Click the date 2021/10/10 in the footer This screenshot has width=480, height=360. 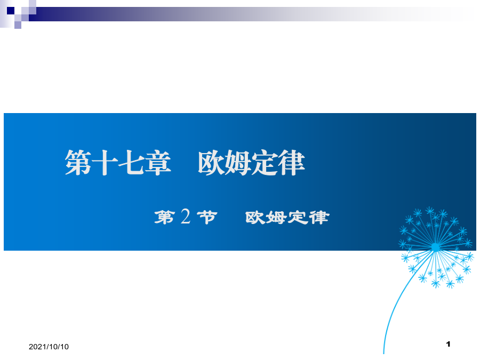pos(49,347)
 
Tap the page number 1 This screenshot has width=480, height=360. pos(449,344)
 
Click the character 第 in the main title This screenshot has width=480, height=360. pos(78,163)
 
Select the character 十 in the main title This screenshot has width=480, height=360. pos(105,163)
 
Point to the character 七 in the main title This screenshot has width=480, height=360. pos(131,163)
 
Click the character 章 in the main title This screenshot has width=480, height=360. pos(158,163)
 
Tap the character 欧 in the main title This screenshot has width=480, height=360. pos(211,163)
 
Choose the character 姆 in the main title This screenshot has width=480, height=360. pos(238,163)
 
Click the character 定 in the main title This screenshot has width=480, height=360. pos(265,163)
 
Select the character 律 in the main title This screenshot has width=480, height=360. pos(291,163)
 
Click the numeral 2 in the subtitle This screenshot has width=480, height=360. pos(186,217)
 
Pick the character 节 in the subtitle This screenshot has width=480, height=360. pos(207,218)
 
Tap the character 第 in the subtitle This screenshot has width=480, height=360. pos(165,218)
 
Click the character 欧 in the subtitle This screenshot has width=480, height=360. pos(255,218)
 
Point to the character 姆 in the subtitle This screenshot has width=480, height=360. pos(276,218)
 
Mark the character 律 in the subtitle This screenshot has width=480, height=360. pos(319,218)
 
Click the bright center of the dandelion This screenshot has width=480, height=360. pos(435,247)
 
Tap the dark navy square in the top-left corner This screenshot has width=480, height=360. pos(11,11)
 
